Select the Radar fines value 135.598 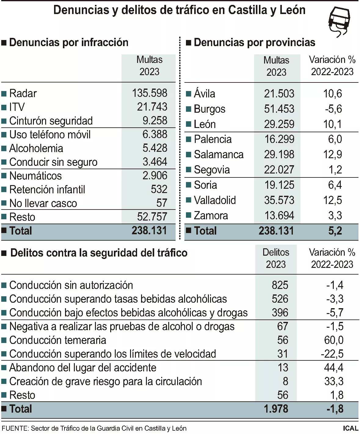point(150,93)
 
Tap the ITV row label point(17,107)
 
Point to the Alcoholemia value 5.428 point(155,148)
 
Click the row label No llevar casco point(43,203)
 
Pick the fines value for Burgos point(279,109)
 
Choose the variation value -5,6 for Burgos point(333,109)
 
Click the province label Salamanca point(219,155)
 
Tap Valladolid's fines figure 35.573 point(279,200)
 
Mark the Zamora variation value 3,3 point(335,216)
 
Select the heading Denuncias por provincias point(254,42)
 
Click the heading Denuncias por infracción point(69,42)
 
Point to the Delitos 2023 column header point(276,258)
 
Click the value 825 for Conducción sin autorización point(280,285)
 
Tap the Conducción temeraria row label point(58,340)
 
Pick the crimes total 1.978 point(276,409)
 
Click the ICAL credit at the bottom point(350,429)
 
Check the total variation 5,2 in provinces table point(335,231)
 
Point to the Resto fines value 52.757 point(152,217)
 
